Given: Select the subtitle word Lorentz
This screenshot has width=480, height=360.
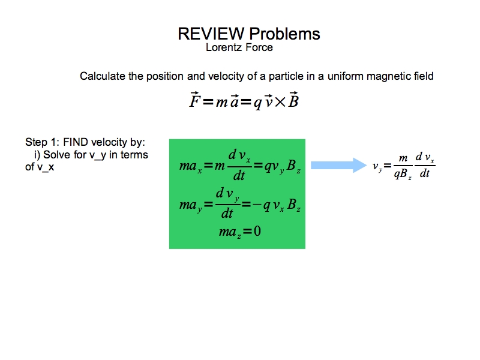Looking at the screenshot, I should (224, 47).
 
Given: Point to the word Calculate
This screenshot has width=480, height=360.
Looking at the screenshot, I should (102, 76).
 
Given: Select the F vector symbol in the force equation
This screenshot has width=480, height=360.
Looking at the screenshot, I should (194, 100).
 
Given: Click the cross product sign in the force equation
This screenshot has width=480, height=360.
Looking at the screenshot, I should (278, 101).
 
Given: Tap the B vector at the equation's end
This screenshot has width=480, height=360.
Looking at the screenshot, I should (293, 100).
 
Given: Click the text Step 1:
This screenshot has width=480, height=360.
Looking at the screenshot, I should (42, 143).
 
